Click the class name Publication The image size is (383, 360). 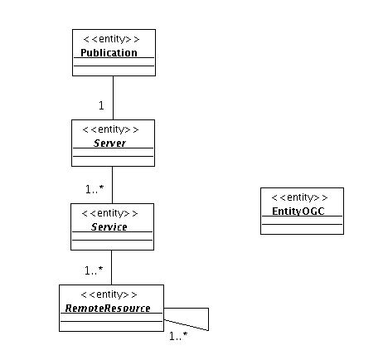(x=109, y=52)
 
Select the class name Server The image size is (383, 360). (x=109, y=143)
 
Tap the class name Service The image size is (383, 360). (x=109, y=226)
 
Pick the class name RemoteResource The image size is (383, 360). (x=108, y=308)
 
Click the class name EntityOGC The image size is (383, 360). (x=298, y=212)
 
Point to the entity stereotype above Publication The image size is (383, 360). (x=111, y=39)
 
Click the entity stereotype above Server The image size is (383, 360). (x=110, y=129)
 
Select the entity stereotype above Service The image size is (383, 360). (x=109, y=213)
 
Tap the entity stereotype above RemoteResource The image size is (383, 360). (x=109, y=294)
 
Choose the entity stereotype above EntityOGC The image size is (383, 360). (x=299, y=197)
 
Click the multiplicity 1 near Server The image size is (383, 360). (x=101, y=105)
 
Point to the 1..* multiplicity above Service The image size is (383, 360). (x=95, y=189)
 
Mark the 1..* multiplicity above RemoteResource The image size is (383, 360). (x=94, y=270)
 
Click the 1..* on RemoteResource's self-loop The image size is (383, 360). (x=178, y=336)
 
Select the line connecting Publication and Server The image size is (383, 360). (x=113, y=98)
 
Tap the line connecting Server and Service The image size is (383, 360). (x=112, y=185)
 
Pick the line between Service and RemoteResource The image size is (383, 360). (x=111, y=268)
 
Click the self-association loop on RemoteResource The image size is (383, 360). (x=208, y=319)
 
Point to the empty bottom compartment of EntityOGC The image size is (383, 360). (x=302, y=229)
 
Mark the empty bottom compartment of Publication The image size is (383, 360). (x=114, y=71)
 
